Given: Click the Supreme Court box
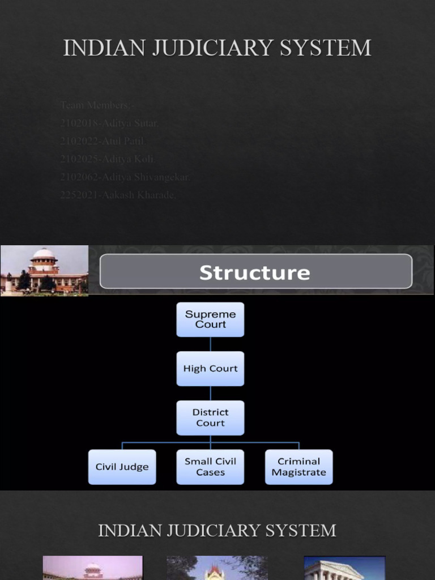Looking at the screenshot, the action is point(210,319).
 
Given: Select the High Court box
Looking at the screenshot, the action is point(210,369).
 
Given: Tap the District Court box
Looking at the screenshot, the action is point(210,418).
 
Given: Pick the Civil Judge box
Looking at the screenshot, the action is point(122,467).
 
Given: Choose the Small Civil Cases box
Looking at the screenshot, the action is point(210,467).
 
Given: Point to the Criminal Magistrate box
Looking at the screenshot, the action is point(298,467).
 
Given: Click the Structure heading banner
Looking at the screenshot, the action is point(255,272).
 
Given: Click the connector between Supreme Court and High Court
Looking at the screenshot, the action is point(210,344).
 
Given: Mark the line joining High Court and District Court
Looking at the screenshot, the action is point(210,394).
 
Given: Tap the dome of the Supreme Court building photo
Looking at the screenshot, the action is point(44,255).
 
